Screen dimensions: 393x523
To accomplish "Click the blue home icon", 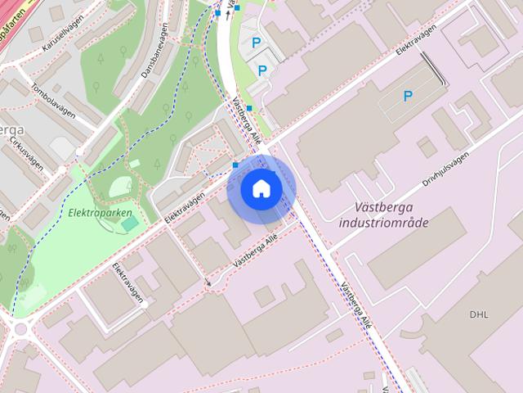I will pyautogui.click(x=261, y=188).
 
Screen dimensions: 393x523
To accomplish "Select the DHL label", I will pyautogui.click(x=478, y=314).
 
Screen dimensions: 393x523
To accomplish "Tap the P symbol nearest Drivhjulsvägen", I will pyautogui.click(x=407, y=97).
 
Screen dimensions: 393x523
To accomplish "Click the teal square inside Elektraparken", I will pyautogui.click(x=130, y=223).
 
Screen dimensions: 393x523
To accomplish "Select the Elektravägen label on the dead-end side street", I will pyautogui.click(x=128, y=282).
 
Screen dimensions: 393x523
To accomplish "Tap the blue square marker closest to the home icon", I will pyautogui.click(x=235, y=165).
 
